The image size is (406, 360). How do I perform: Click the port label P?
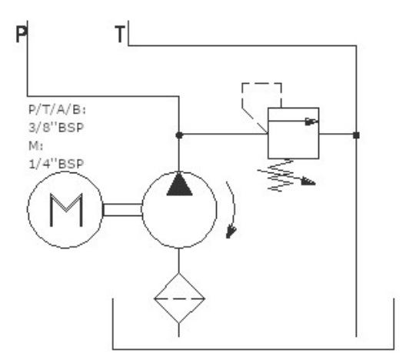tap(22, 34)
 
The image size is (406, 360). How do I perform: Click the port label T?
tap(120, 34)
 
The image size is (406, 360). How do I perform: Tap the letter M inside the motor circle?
tap(66, 210)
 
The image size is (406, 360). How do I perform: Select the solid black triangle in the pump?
tap(179, 184)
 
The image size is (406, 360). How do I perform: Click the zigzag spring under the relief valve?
tap(281, 175)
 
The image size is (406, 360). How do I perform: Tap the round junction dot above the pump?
tap(179, 135)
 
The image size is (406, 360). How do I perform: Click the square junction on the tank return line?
tap(356, 135)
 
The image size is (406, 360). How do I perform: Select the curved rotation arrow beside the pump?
tap(234, 207)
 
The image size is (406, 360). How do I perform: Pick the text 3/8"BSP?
tap(56, 128)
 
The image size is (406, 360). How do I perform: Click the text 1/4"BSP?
tap(56, 164)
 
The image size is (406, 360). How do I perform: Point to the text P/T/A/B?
tap(57, 110)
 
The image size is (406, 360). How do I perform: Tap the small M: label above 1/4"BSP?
tap(35, 146)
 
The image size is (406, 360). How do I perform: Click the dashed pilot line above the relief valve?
tap(261, 83)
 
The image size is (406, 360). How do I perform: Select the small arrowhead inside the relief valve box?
tap(311, 122)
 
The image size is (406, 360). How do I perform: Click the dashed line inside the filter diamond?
tap(179, 298)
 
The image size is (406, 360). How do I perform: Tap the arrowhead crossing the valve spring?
tap(308, 182)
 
